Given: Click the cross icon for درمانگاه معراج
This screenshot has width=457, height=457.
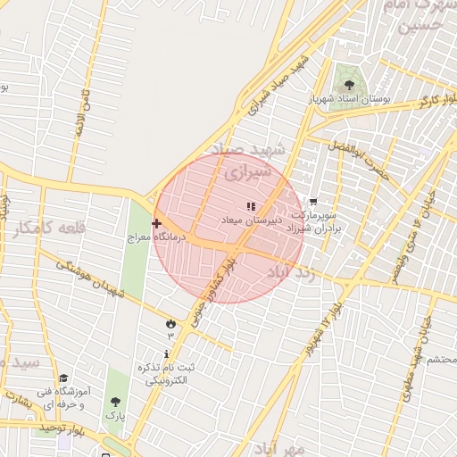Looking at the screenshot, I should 156,223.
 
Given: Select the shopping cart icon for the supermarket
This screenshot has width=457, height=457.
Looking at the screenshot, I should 312,203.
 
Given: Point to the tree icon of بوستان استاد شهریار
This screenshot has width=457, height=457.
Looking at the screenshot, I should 348,84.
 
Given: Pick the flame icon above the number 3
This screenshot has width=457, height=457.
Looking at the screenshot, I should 170,322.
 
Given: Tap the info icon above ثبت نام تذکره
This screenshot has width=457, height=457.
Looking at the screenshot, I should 167,354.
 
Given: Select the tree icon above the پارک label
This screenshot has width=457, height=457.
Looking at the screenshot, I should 114,402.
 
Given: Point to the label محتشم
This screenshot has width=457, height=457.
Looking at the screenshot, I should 438,358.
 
